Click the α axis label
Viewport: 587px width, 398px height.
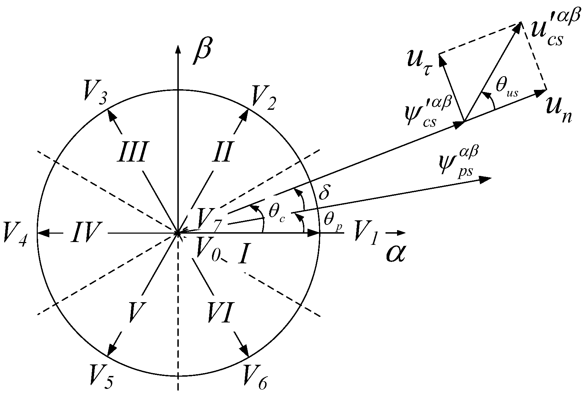395,253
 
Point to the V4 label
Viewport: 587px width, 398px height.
14,235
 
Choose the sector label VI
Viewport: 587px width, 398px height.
220,312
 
